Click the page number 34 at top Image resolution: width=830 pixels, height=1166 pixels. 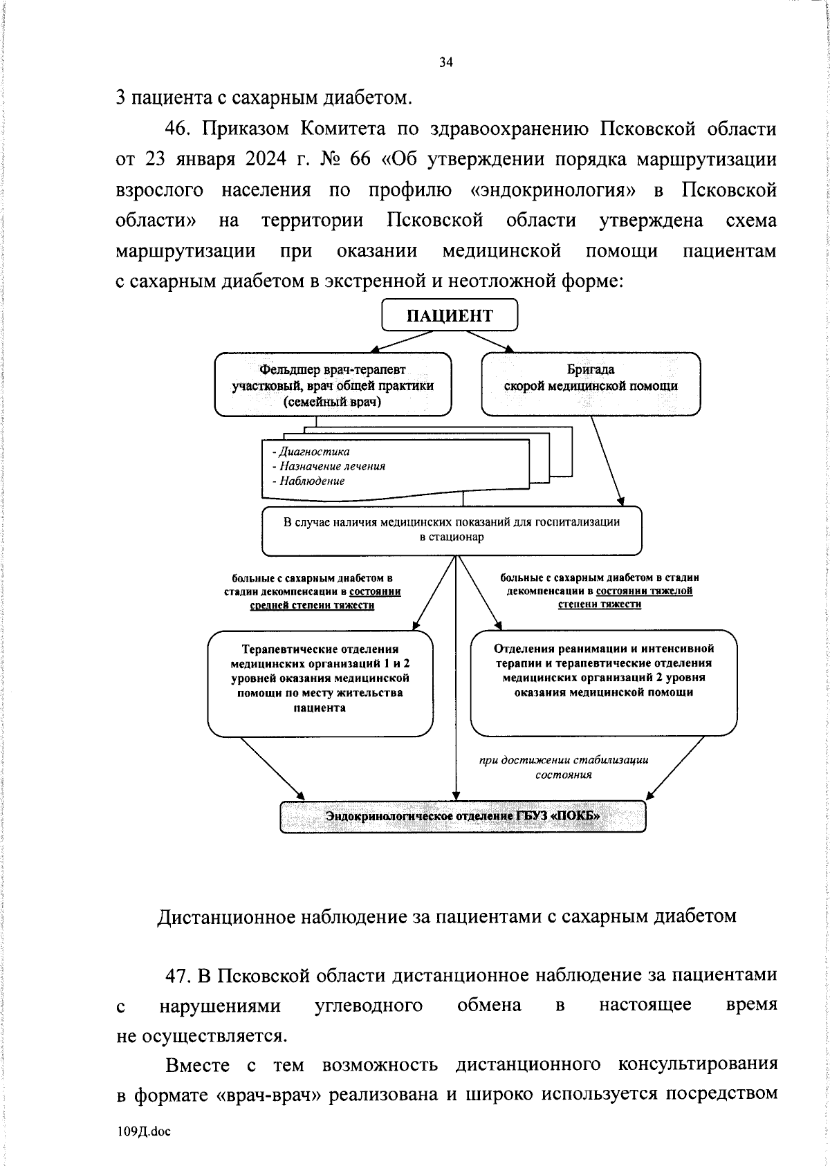point(446,63)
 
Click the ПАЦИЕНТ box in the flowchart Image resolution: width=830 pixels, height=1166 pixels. point(450,316)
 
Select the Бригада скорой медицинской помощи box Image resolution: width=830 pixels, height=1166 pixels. point(591,384)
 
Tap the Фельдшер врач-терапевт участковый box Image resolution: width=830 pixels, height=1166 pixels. point(333,385)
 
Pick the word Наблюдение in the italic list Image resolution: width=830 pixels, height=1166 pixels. point(312,481)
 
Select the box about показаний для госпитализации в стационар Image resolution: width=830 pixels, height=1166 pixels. point(452,530)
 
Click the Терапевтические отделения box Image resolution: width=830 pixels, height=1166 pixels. point(320,683)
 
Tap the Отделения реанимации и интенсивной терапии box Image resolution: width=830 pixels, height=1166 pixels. point(604,681)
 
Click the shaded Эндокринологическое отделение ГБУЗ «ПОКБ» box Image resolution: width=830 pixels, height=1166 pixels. point(463,816)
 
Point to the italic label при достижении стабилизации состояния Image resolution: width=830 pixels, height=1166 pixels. point(564,767)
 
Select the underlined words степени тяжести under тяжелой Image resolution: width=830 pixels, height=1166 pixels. point(599,604)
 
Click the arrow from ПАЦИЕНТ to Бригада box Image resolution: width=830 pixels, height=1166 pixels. point(492,342)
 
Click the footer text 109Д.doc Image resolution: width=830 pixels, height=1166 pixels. point(144,1131)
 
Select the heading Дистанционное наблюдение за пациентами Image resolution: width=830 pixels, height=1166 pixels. point(446,916)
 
